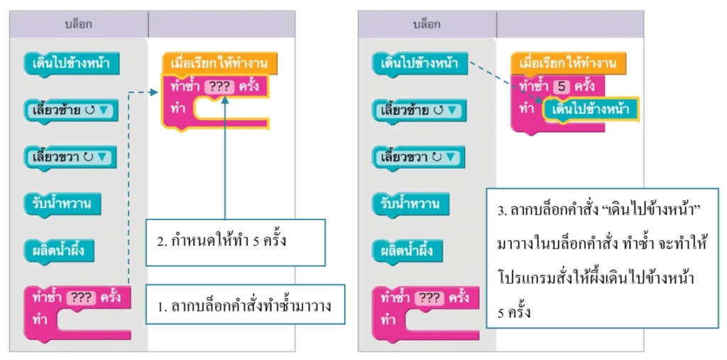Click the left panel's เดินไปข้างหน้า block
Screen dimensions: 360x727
70,64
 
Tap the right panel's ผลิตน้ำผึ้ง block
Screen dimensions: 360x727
408,251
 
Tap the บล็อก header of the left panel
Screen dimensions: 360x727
78,25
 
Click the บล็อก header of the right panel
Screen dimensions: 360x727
427,25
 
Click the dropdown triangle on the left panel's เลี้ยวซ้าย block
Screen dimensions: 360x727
106,111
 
